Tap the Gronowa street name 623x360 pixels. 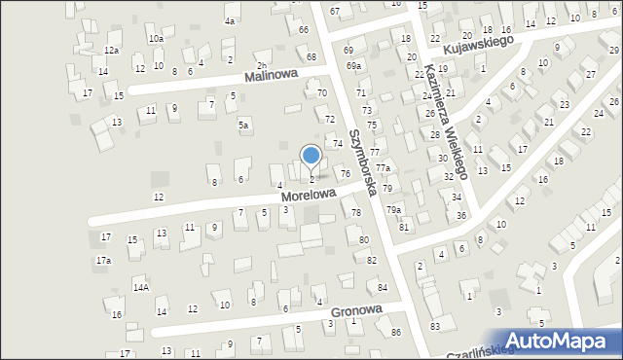point(356,311)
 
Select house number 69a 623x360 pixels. point(352,66)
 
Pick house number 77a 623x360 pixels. point(384,168)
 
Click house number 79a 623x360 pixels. point(392,209)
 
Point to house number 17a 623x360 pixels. point(103,261)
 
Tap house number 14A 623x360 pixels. point(140,287)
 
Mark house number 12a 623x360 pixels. point(112,51)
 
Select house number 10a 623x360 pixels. point(156,39)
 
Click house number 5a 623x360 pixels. point(243,126)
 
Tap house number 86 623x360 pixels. point(395,333)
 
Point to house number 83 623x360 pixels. point(435,325)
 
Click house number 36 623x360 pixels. point(461,215)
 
